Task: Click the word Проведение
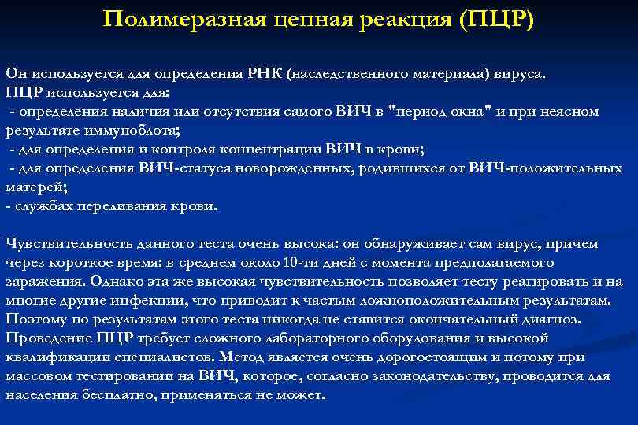(46, 338)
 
